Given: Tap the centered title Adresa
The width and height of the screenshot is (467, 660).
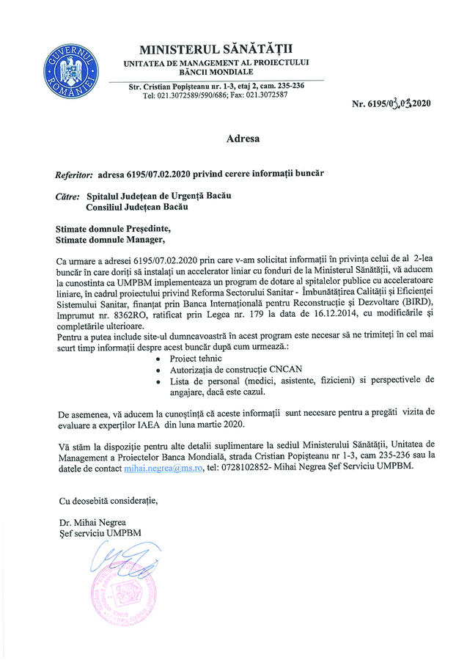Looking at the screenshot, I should coord(243,137).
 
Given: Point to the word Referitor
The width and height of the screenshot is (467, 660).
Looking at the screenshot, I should coord(74,175).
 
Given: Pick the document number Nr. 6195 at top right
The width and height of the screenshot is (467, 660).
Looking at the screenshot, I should coord(372,103).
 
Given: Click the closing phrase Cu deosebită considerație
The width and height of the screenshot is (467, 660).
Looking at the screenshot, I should coord(108,502).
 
